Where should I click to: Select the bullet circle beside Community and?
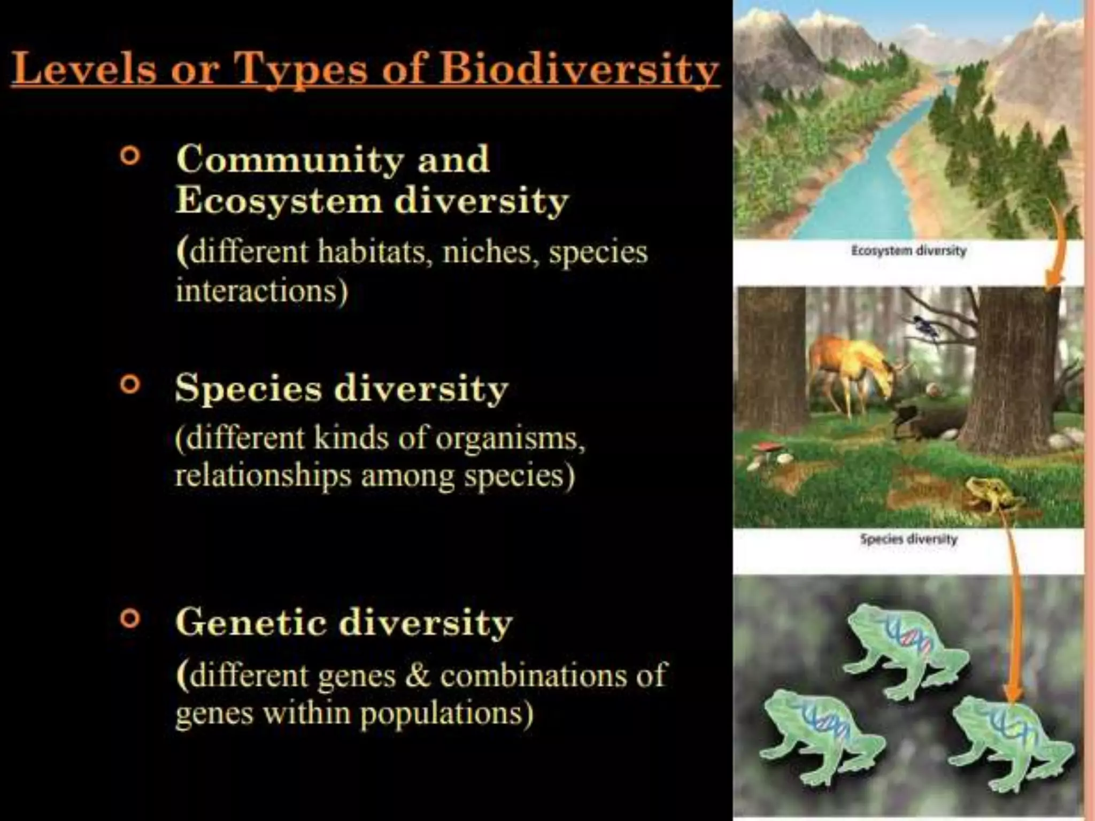pos(130,156)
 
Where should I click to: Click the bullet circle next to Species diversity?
pos(130,384)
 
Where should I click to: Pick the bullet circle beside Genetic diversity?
pos(130,619)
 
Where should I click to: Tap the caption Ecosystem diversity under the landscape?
pos(908,250)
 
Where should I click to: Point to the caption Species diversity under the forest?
pos(908,539)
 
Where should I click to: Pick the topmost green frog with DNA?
pos(904,649)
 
